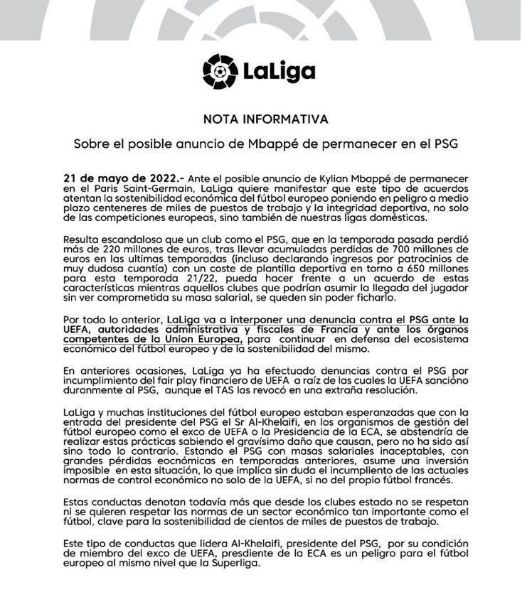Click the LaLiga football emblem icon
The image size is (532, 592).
(221, 70)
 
